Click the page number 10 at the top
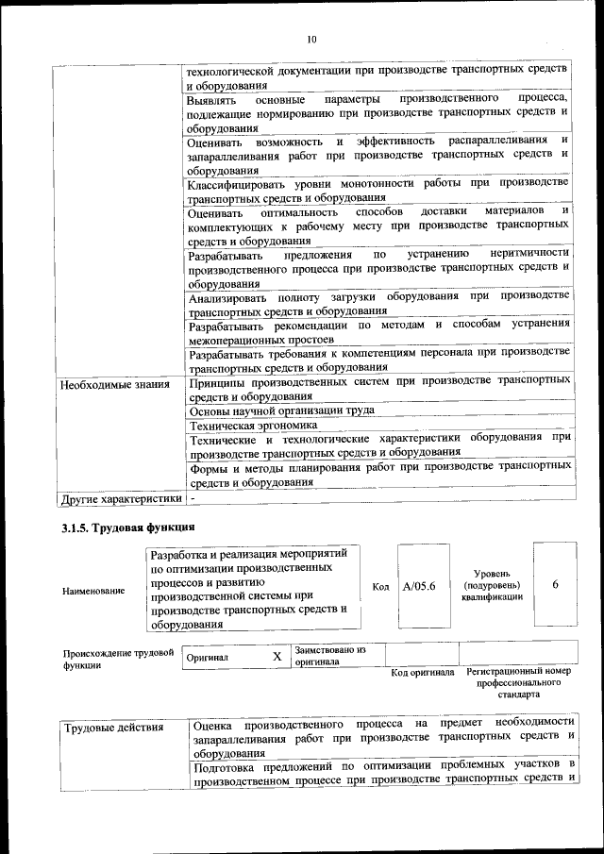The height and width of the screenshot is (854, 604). (x=311, y=39)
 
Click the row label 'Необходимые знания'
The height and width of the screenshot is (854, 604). (x=114, y=384)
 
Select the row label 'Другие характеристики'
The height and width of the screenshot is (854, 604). (x=120, y=498)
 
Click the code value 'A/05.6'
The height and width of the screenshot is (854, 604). (x=418, y=586)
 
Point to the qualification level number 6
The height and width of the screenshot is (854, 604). (x=555, y=585)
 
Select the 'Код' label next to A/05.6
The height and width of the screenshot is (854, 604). (x=381, y=587)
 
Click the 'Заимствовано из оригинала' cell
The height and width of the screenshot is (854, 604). (x=329, y=656)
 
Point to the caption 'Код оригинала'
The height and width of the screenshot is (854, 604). (x=423, y=673)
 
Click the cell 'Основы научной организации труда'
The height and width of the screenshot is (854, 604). (x=281, y=410)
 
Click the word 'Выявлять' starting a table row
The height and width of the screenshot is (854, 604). (x=212, y=99)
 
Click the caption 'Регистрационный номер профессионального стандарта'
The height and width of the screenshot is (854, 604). (x=518, y=683)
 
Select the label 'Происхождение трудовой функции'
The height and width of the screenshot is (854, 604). (x=119, y=658)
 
